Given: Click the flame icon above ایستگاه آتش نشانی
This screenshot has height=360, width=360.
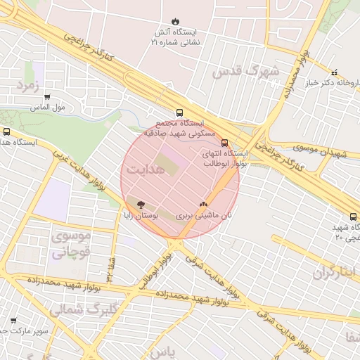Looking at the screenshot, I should (x=175, y=22).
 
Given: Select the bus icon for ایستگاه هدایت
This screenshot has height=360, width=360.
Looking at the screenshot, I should (x=7, y=131).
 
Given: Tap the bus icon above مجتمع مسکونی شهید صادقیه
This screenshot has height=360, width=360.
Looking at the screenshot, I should (x=179, y=112).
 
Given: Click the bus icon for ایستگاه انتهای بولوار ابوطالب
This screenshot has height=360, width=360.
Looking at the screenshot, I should (x=224, y=143).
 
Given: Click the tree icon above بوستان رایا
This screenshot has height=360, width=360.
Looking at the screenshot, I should (x=141, y=205).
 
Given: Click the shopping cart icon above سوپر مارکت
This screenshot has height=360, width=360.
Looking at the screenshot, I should (x=13, y=319).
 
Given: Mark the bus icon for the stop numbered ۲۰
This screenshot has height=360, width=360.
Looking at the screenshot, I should (x=353, y=217).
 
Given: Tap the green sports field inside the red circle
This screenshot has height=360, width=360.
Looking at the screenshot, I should (x=162, y=166).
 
